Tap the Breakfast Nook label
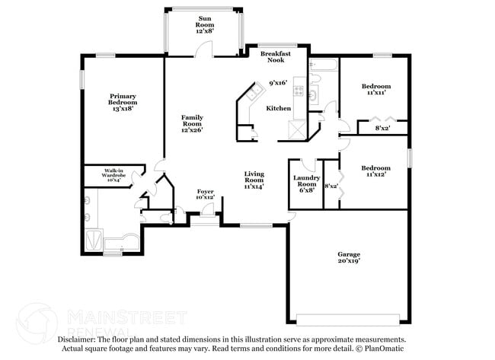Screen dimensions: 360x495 276,58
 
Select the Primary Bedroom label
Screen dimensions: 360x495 123,102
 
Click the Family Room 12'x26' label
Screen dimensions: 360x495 191,123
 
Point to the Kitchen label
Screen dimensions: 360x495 278,109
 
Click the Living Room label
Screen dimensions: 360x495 254,180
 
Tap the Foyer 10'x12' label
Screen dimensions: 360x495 206,193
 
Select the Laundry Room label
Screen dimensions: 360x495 306,183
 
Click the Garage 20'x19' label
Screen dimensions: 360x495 349,257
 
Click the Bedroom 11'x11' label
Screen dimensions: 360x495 375,90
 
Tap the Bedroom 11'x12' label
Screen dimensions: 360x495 375,171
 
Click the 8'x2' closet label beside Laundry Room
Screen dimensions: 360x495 331,186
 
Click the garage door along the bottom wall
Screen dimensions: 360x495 349,317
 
